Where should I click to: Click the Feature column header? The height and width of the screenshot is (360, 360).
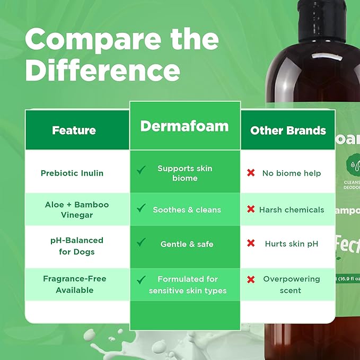tap(74, 130)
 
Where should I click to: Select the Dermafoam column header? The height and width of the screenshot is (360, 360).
tap(185, 126)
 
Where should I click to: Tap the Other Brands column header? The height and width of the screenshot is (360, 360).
tap(288, 130)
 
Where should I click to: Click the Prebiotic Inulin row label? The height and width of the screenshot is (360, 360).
tap(72, 173)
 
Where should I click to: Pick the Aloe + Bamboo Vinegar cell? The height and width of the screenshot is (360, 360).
tap(76, 209)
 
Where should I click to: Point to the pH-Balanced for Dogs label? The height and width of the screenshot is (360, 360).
tap(76, 245)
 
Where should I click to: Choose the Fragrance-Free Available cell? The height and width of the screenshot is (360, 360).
tap(75, 284)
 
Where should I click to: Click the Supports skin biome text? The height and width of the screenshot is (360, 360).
tap(185, 173)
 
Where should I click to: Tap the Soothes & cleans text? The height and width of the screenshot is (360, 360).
tap(187, 209)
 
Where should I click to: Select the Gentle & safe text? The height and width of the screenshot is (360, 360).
tap(187, 244)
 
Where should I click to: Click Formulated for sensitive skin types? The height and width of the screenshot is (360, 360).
tap(188, 285)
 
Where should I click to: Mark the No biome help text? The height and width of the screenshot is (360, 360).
tap(291, 173)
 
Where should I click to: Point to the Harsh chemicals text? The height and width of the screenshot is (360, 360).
tap(291, 209)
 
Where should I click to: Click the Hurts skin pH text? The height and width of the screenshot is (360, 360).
tap(291, 244)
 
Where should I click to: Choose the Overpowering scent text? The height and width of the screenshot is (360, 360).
tap(291, 285)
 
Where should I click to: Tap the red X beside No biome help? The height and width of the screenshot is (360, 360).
tap(251, 173)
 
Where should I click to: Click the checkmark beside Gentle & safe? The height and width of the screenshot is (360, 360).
tap(141, 242)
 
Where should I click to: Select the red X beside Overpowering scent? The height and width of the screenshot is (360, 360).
tap(251, 279)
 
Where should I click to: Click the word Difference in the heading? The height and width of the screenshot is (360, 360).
tap(102, 70)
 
